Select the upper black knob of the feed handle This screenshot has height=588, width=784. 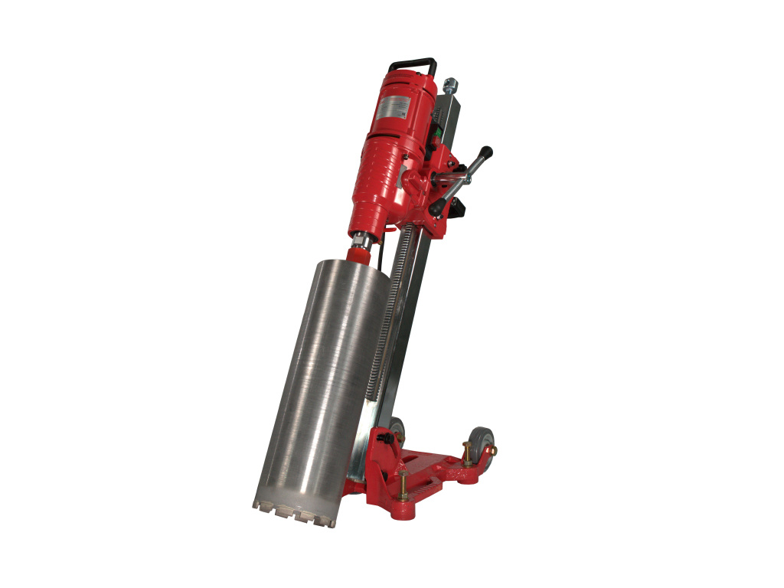[x=486, y=152]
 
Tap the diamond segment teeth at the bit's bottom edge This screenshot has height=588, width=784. [x=295, y=512]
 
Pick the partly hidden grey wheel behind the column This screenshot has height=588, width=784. [x=397, y=429]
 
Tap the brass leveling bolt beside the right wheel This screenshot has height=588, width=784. [x=466, y=452]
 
